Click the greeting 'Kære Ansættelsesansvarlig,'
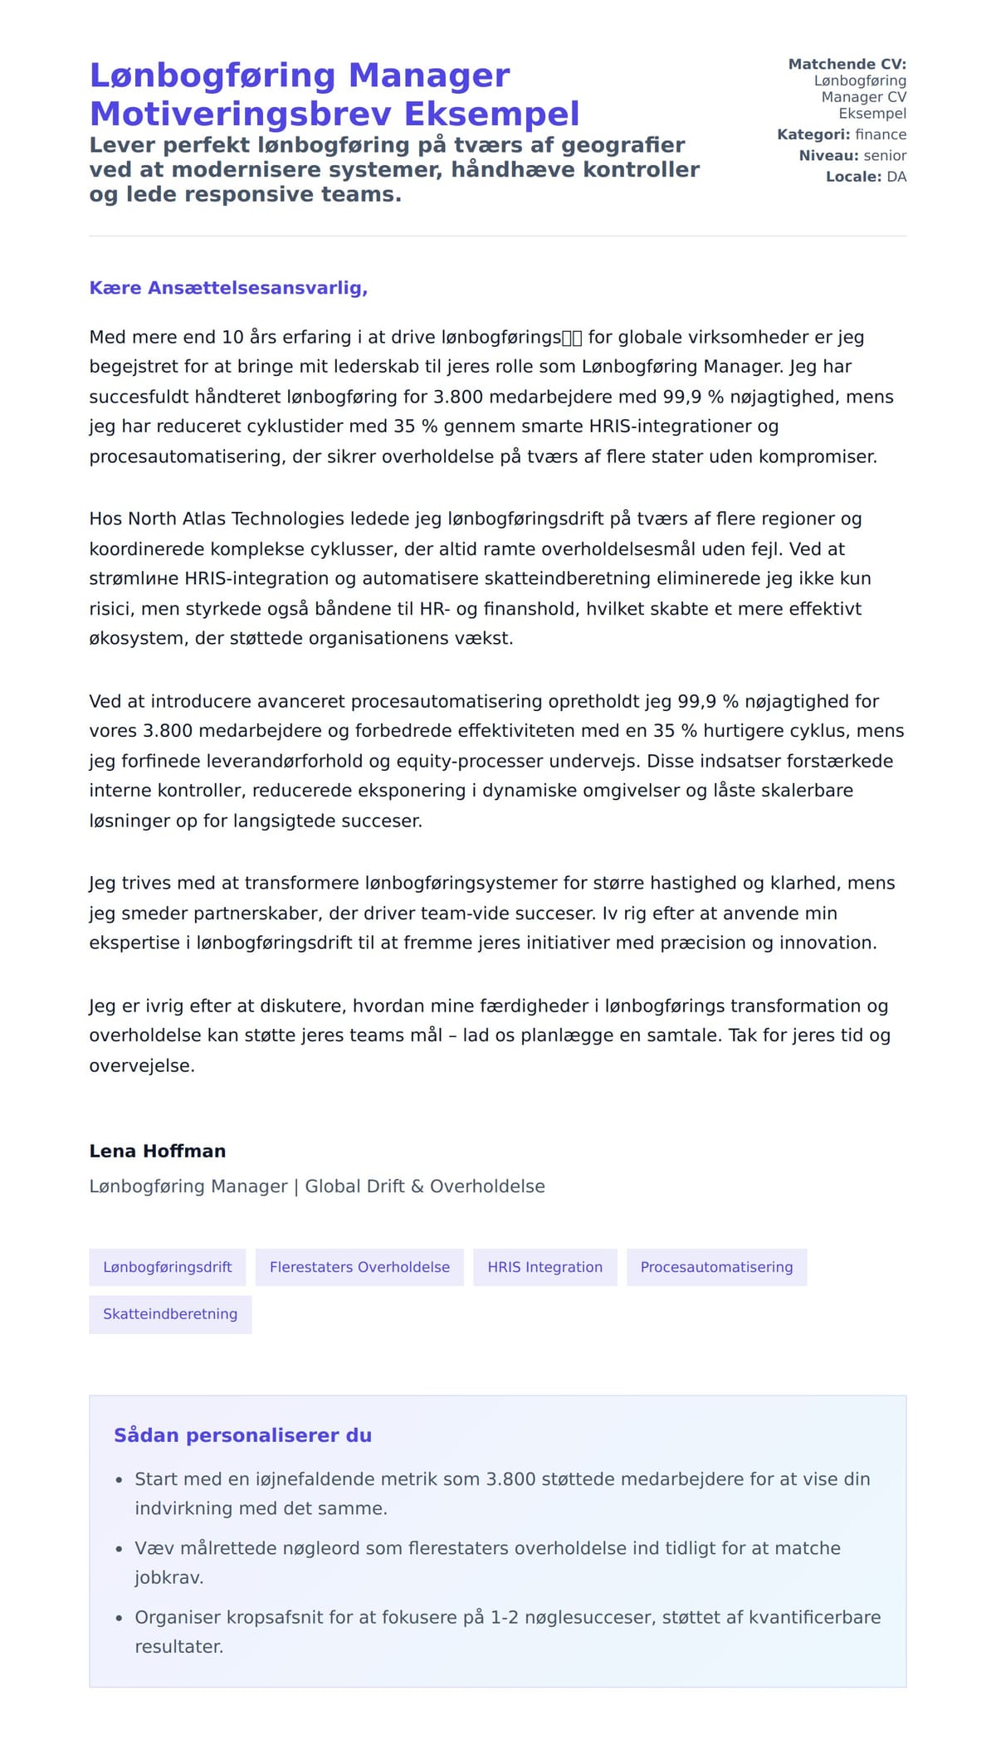pos(228,288)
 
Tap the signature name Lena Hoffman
pos(157,1151)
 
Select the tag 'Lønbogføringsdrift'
pos(167,1267)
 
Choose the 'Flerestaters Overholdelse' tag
pos(359,1267)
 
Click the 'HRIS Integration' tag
pos(544,1267)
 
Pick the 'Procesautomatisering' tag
pos(716,1267)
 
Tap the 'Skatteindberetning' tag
pos(170,1313)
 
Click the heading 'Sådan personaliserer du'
pos(242,1435)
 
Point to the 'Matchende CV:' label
pos(847,64)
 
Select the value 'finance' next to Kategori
pos(880,134)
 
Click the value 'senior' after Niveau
pos(885,155)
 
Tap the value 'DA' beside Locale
pos(896,177)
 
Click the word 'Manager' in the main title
pos(429,76)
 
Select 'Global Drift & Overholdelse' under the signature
pos(425,1186)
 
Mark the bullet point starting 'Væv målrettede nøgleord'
pos(487,1548)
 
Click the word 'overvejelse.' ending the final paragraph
pos(142,1065)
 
